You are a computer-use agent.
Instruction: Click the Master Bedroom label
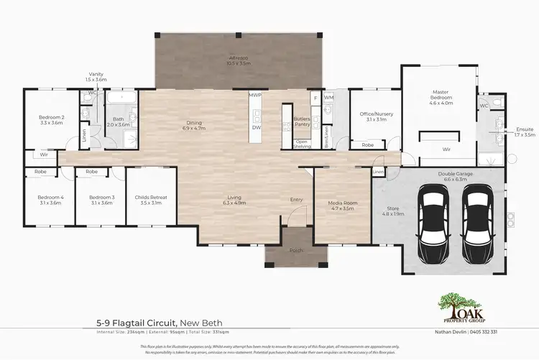tap(441, 97)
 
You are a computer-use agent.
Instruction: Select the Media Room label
tap(342, 206)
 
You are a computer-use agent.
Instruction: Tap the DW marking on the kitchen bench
tap(256, 128)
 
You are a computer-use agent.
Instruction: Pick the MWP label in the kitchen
tap(254, 95)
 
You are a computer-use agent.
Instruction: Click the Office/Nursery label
tap(372, 116)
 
